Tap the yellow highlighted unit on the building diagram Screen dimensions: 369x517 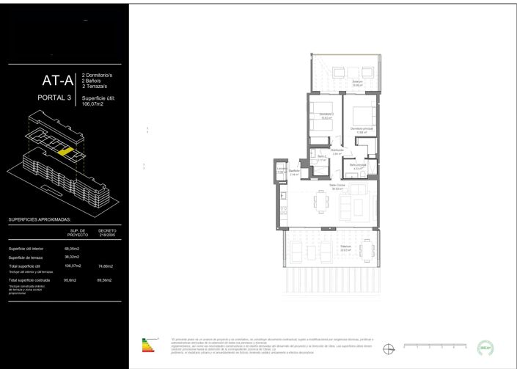tap(66, 152)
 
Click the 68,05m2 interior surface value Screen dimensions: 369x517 tap(71, 249)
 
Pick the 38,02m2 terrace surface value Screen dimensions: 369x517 tap(71, 257)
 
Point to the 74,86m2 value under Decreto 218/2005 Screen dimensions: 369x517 tap(105, 266)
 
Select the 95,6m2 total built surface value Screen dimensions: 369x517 tap(71, 280)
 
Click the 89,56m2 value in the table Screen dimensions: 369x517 tap(105, 280)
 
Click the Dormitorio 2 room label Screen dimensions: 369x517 tap(326, 116)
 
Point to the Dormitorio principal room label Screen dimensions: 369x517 tap(362, 130)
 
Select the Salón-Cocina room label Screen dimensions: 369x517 tap(337, 186)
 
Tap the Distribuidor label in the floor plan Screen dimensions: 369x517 tap(337, 151)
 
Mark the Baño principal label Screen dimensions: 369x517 tap(358, 167)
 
